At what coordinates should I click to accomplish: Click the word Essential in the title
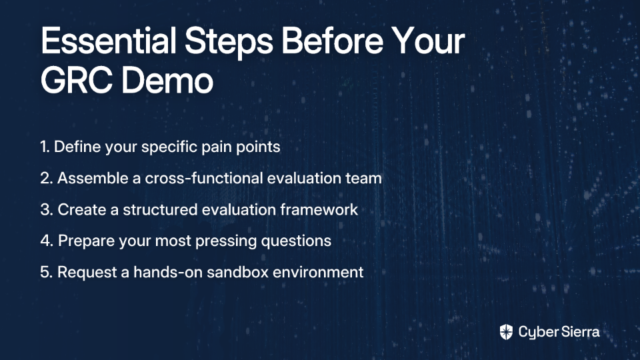click(108, 41)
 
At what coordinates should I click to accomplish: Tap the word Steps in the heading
click(229, 43)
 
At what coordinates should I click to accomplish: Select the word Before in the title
click(332, 41)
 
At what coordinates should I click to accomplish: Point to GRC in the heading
click(76, 81)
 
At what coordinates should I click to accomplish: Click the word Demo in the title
click(167, 81)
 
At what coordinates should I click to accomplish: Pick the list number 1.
click(45, 147)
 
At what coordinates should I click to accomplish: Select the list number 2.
click(47, 179)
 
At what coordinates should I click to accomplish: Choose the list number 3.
click(47, 210)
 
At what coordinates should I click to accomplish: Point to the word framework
click(319, 209)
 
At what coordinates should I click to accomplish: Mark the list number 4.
click(47, 241)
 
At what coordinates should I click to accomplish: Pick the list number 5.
click(47, 272)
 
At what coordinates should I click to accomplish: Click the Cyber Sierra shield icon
click(506, 332)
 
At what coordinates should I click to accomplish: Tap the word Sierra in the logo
click(579, 332)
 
